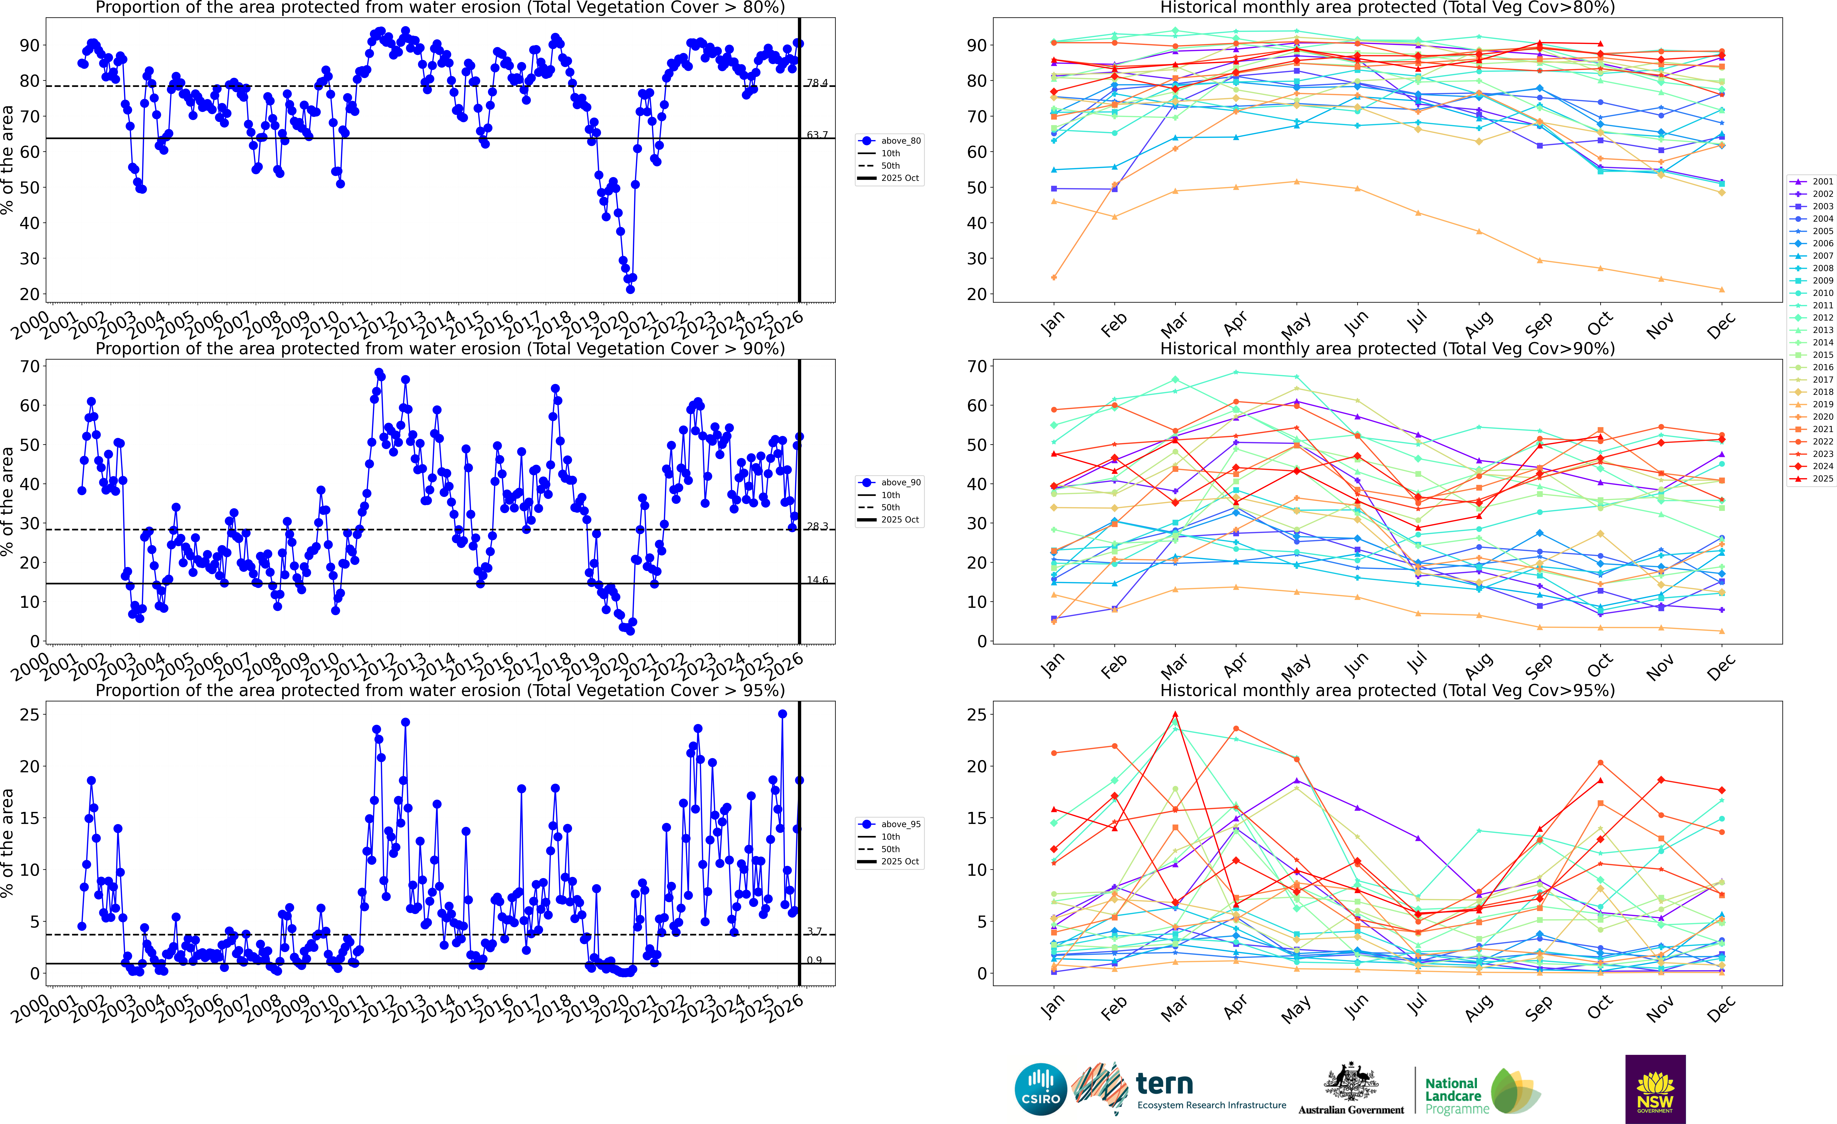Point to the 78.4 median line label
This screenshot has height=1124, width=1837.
coord(817,83)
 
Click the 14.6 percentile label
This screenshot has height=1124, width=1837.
coord(817,580)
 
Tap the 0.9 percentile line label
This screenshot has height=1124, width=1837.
coord(814,960)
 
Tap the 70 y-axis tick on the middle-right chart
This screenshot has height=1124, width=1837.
coord(977,366)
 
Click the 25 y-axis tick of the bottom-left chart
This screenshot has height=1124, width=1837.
coord(29,714)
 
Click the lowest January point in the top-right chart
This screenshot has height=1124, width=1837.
coord(1054,277)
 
